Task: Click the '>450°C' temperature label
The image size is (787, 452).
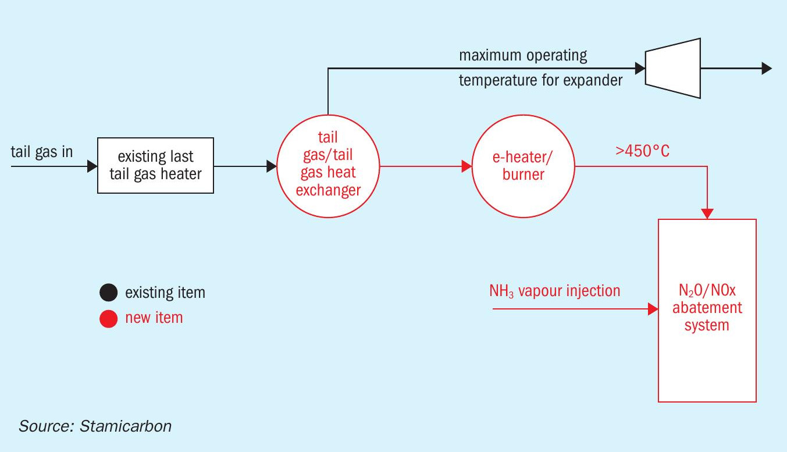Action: click(x=642, y=151)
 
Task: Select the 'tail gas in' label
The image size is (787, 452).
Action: click(x=42, y=152)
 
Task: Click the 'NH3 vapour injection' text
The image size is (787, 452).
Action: click(x=555, y=291)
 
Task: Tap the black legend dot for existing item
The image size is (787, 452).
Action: click(x=109, y=293)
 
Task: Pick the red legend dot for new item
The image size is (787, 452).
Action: click(x=109, y=318)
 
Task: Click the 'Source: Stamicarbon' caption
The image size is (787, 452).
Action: click(x=95, y=426)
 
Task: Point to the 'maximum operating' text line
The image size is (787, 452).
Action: click(x=523, y=55)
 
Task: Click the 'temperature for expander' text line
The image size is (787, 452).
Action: click(x=541, y=80)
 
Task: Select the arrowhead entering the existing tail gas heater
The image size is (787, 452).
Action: click(x=92, y=166)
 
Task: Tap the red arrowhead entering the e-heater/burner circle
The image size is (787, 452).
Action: click(x=466, y=166)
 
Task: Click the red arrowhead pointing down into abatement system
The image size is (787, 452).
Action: click(x=707, y=213)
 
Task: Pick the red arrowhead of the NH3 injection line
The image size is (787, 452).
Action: click(x=653, y=309)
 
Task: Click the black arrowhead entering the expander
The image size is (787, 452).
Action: click(x=640, y=68)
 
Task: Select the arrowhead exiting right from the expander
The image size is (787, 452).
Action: click(x=767, y=68)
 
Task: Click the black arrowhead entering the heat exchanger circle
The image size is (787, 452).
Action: click(x=272, y=166)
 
